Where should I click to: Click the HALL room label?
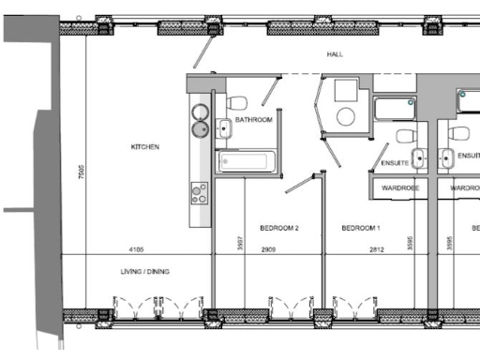(x=335, y=54)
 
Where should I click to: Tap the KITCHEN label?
(x=145, y=147)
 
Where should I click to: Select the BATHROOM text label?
(x=253, y=120)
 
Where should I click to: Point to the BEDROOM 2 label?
(x=278, y=228)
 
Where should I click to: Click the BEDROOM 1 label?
(x=360, y=228)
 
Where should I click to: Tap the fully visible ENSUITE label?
(x=395, y=163)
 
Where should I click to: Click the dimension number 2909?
(x=269, y=249)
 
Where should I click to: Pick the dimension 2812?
(x=376, y=249)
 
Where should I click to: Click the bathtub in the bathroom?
(x=248, y=162)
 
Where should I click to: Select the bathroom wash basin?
(x=225, y=127)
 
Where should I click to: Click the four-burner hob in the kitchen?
(x=200, y=192)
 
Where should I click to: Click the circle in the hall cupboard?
(x=346, y=116)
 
